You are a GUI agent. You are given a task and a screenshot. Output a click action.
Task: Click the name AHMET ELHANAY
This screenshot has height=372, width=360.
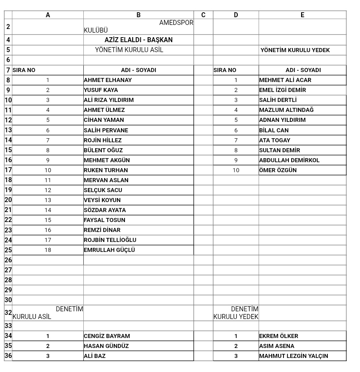pyautogui.click(x=108, y=80)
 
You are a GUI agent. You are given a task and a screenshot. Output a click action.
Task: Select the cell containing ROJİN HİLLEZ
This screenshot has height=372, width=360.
pyautogui.click(x=103, y=140)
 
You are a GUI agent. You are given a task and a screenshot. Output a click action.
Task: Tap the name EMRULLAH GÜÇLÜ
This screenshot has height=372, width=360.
pyautogui.click(x=109, y=250)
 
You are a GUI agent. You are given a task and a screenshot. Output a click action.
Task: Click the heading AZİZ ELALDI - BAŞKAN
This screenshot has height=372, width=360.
pyautogui.click(x=139, y=40)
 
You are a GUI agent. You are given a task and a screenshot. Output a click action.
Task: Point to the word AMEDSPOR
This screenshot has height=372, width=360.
pyautogui.click(x=176, y=23)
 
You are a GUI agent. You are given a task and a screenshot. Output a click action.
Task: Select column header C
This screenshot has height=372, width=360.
pyautogui.click(x=203, y=15)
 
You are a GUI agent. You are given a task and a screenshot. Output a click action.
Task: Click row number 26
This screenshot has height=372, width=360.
pyautogui.click(x=8, y=260)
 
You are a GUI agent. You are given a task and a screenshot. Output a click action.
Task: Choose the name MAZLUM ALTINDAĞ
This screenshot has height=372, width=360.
pyautogui.click(x=286, y=110)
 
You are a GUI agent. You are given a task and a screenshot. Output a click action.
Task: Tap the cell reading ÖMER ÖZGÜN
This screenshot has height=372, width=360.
pyautogui.click(x=278, y=170)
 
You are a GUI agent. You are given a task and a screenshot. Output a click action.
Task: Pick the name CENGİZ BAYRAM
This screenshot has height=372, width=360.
pyautogui.click(x=107, y=336)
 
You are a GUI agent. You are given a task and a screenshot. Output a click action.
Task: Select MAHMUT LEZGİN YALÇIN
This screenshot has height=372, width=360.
pyautogui.click(x=293, y=356)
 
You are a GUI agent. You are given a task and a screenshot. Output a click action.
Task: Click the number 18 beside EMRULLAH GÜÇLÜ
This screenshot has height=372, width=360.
pyautogui.click(x=48, y=250)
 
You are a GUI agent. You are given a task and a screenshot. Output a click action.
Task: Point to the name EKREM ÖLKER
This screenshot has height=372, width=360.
pyautogui.click(x=278, y=336)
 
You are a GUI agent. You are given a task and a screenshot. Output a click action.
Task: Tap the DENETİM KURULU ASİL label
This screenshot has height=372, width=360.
pyautogui.click(x=48, y=313)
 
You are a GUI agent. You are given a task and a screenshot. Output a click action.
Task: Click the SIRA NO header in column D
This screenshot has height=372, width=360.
pyautogui.click(x=225, y=70)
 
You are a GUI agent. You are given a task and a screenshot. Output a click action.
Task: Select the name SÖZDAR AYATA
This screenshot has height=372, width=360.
pyautogui.click(x=105, y=210)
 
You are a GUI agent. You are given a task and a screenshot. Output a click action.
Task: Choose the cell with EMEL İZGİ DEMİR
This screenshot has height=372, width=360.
pyautogui.click(x=283, y=90)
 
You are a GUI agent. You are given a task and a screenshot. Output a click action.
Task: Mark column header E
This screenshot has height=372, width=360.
pyautogui.click(x=302, y=15)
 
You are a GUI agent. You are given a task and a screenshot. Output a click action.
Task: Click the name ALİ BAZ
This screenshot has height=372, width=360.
pyautogui.click(x=95, y=356)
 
